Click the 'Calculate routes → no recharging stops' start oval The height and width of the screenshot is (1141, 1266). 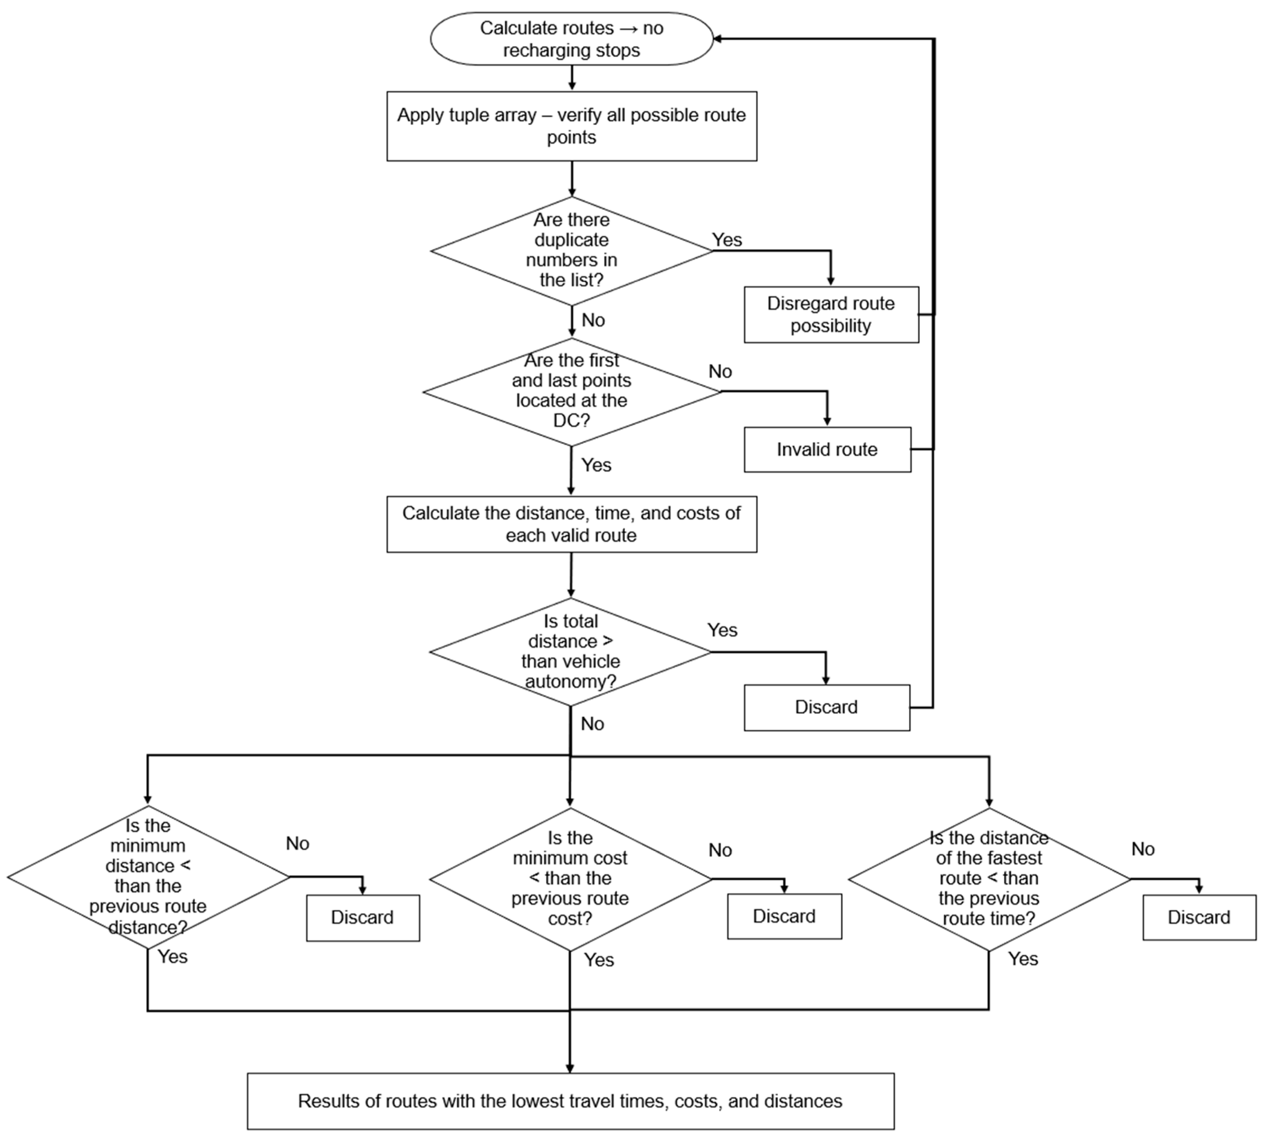pyautogui.click(x=571, y=39)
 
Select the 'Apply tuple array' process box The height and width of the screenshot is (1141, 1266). pyautogui.click(x=571, y=126)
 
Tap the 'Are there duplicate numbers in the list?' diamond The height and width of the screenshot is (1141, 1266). pyautogui.click(x=571, y=251)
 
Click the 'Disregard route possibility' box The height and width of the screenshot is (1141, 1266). pyautogui.click(x=831, y=315)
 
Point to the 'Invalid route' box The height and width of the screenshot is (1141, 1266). pyautogui.click(x=827, y=449)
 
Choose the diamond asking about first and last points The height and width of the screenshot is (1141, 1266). pyautogui.click(x=571, y=392)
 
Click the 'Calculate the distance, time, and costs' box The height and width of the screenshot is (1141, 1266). pyautogui.click(x=571, y=524)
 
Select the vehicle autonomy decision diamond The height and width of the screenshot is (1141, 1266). pyautogui.click(x=570, y=652)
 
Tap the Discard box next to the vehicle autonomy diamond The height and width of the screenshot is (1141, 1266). pyautogui.click(x=827, y=707)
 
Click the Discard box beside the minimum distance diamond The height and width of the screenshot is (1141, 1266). pyautogui.click(x=362, y=917)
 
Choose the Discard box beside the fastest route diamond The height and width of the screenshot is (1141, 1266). pyautogui.click(x=1199, y=917)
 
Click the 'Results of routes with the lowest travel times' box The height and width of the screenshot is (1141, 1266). pyautogui.click(x=570, y=1102)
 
